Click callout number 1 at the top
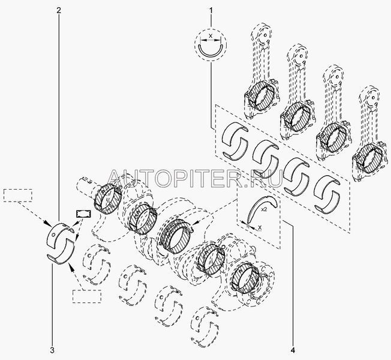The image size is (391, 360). point(211,11)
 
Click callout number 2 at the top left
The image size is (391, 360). point(59,11)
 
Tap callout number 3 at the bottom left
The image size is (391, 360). point(52,350)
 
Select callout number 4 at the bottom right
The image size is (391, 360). point(293,350)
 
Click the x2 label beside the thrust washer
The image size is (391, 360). point(264,210)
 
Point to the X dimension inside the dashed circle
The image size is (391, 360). point(210,36)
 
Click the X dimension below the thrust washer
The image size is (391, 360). point(260,227)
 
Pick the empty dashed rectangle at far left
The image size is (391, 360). point(18,196)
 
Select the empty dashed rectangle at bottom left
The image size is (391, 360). point(87,296)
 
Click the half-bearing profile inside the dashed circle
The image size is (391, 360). point(210,52)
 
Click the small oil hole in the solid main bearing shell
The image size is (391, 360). point(53,235)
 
